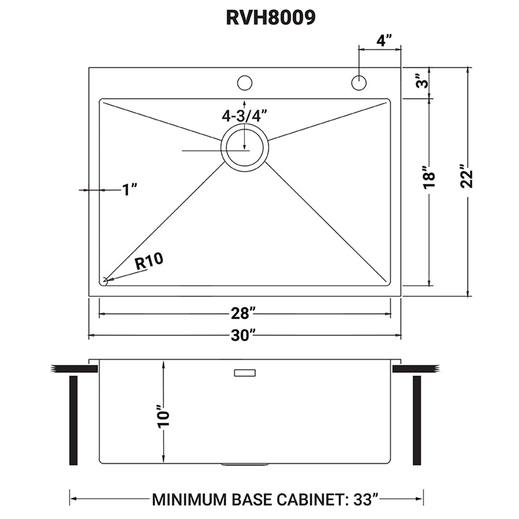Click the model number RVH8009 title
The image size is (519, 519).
(270, 17)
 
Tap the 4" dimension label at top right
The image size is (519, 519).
(384, 40)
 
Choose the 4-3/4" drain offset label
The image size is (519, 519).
(244, 115)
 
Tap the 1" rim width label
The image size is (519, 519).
(129, 190)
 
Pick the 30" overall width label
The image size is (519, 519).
(244, 336)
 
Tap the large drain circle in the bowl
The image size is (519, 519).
(245, 147)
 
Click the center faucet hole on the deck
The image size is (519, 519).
(244, 83)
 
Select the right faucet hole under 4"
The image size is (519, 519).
(358, 83)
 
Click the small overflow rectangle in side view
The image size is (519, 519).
(245, 373)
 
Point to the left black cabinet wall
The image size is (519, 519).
(73, 420)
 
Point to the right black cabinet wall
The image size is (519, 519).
(416, 420)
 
